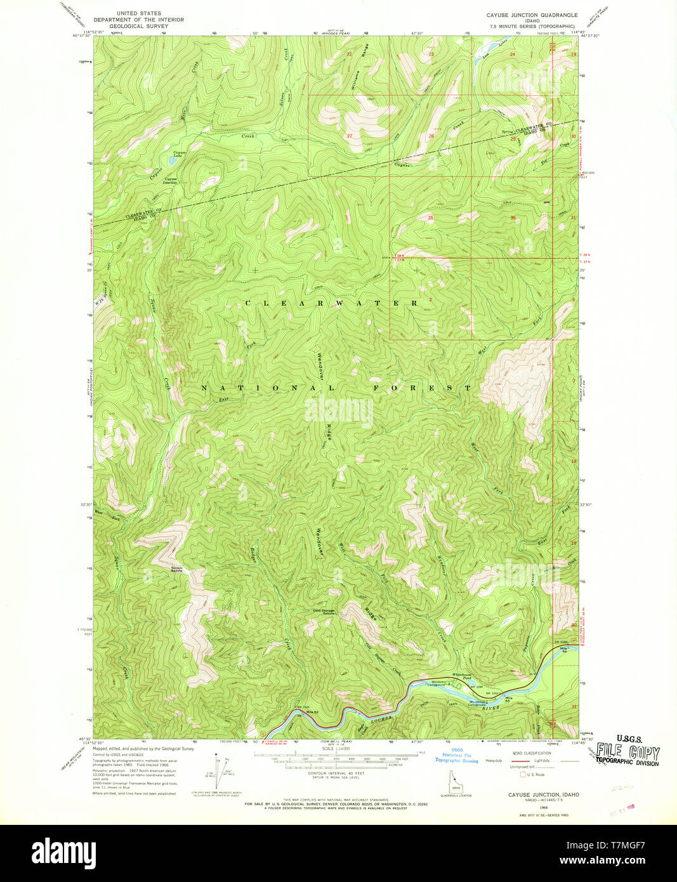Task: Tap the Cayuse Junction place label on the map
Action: point(171,180)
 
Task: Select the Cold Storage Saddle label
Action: point(324,612)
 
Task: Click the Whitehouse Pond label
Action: point(461,677)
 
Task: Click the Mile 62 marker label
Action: point(312,711)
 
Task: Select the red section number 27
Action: point(350,136)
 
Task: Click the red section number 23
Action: point(431,55)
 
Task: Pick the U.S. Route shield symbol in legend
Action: point(523,774)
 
